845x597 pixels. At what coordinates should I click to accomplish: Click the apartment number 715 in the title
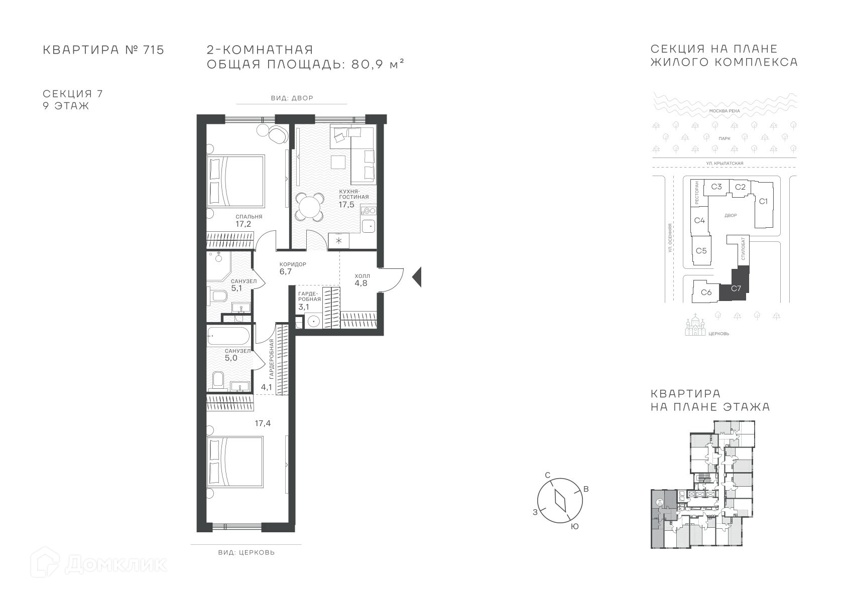[154, 50]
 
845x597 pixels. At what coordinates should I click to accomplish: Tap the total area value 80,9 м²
[378, 64]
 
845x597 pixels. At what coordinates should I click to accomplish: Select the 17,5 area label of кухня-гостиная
[346, 205]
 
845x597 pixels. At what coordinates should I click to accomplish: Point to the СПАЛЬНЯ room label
[249, 217]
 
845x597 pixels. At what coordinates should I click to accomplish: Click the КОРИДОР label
[293, 264]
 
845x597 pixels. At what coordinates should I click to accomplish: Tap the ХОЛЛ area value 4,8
[360, 283]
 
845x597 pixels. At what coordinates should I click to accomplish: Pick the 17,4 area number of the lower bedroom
[263, 423]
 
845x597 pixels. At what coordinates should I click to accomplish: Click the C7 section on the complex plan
[736, 288]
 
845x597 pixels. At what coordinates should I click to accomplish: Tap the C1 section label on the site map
[763, 201]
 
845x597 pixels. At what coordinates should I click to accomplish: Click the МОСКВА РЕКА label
[725, 111]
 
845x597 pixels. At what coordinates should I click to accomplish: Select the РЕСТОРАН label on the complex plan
[697, 193]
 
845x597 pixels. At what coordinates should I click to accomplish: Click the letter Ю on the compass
[574, 527]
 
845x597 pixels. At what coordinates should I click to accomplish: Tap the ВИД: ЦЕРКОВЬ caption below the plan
[247, 552]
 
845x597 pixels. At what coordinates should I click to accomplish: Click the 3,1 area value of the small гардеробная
[303, 307]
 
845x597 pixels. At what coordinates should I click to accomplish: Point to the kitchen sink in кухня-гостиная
[368, 226]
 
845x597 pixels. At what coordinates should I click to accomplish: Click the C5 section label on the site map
[701, 251]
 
